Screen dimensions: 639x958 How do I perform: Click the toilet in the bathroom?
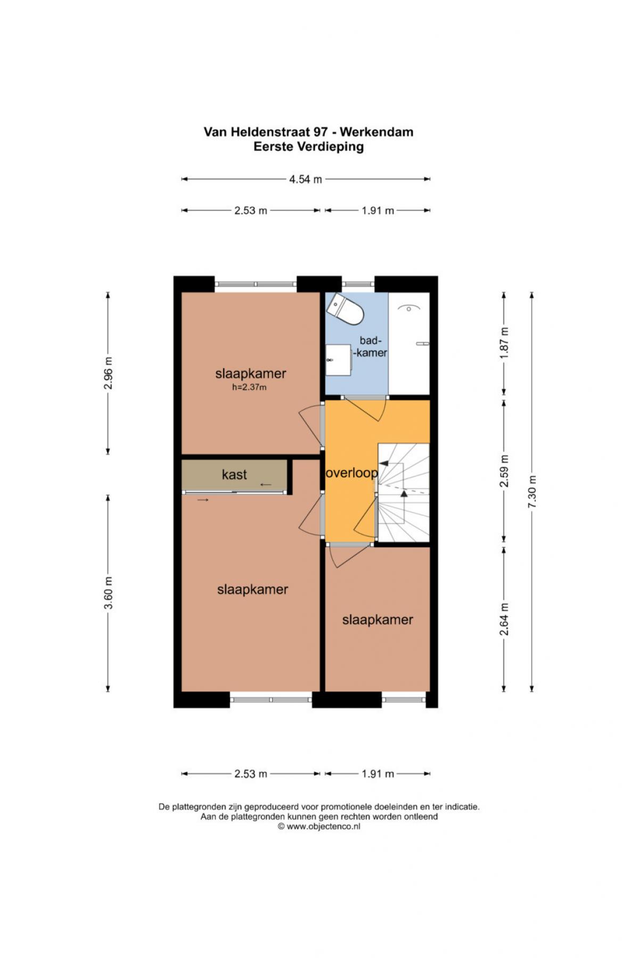point(346,308)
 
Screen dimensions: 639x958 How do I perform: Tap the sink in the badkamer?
point(338,360)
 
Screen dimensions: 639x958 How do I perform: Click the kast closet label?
point(234,474)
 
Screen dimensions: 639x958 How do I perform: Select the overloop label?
point(351,473)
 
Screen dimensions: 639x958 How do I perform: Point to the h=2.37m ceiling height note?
point(249,387)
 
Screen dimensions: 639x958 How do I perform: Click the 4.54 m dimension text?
point(306,179)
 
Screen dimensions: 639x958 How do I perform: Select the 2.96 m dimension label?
point(109,373)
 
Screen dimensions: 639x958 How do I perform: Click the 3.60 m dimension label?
point(109,593)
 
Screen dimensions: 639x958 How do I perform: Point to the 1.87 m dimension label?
point(505,343)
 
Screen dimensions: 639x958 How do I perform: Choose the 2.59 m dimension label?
point(505,470)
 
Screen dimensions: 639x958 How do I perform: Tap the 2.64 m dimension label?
point(505,618)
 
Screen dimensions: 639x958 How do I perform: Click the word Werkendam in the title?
point(376,132)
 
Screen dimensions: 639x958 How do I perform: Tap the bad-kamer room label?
point(371,346)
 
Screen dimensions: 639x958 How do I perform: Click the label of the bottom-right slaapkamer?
point(378,620)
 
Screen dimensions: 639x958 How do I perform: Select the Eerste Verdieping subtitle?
point(308,147)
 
